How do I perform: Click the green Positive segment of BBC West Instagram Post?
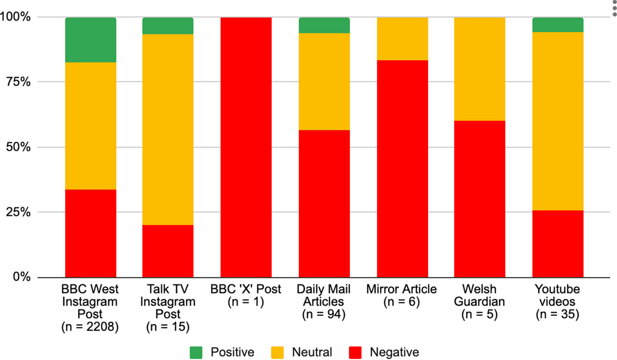[91, 40]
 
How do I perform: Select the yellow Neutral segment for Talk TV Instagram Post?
[168, 129]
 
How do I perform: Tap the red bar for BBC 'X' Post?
[246, 147]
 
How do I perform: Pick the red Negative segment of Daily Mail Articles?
[324, 203]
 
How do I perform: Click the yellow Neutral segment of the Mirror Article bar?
[402, 39]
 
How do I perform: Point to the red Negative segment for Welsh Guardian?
[479, 199]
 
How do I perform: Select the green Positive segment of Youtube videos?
[558, 25]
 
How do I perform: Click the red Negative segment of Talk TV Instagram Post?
[168, 251]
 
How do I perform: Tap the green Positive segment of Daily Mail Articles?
[324, 25]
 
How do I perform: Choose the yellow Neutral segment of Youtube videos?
[558, 121]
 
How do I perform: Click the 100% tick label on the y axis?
[15, 17]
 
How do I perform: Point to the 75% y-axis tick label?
[18, 82]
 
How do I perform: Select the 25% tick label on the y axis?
[18, 212]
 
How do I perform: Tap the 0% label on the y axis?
[21, 277]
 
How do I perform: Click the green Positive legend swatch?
[196, 353]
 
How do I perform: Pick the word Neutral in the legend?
[312, 353]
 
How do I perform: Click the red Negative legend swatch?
[355, 353]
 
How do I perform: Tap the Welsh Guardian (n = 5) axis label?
[479, 302]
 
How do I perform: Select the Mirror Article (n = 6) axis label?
[402, 295]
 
